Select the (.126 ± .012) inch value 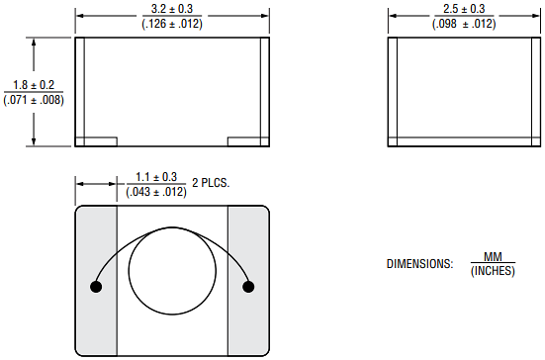point(172,23)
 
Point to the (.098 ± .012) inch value point(463,23)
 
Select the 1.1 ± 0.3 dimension point(155,177)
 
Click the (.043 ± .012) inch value point(155,191)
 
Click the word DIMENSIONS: point(419,264)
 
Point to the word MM point(493,257)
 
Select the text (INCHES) point(493,271)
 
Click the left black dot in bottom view point(97,287)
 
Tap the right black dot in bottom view point(248,287)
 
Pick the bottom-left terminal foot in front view point(96,142)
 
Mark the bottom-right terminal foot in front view point(248,142)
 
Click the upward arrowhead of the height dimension point(35,43)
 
